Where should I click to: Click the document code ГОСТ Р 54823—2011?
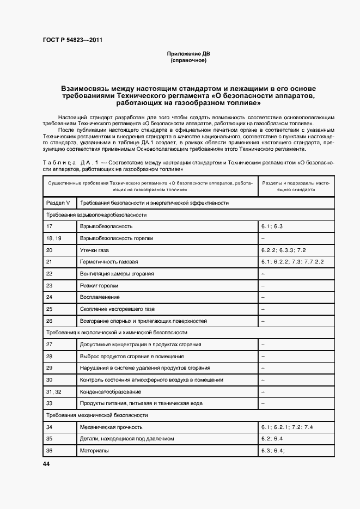72,40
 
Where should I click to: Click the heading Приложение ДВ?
188,54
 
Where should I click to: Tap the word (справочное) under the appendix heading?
188,60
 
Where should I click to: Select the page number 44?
46,464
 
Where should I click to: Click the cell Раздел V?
58,203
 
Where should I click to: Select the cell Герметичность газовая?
109,262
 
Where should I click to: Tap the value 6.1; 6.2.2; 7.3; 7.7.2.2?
292,262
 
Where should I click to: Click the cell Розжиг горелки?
99,285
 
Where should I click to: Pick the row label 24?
50,297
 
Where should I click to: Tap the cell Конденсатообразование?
111,391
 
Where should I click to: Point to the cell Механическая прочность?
111,427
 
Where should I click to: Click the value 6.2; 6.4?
272,439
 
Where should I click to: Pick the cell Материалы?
94,451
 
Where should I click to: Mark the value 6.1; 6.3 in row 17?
272,226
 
